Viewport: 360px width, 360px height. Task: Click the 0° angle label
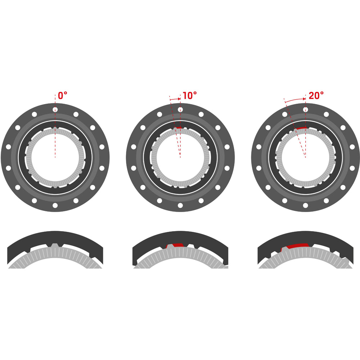pyautogui.click(x=62, y=95)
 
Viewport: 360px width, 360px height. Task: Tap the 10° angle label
pyautogui.click(x=190, y=95)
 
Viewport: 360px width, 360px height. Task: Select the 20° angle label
pyautogui.click(x=316, y=95)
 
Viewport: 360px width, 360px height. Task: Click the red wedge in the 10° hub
pyautogui.click(x=178, y=127)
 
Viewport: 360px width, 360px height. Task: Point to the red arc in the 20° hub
pyautogui.click(x=301, y=128)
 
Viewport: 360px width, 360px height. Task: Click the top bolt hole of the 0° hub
pyautogui.click(x=55, y=109)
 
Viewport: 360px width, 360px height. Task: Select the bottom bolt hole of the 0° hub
pyautogui.click(x=55, y=205)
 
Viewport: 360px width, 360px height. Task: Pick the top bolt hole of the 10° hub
pyautogui.click(x=180, y=109)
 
